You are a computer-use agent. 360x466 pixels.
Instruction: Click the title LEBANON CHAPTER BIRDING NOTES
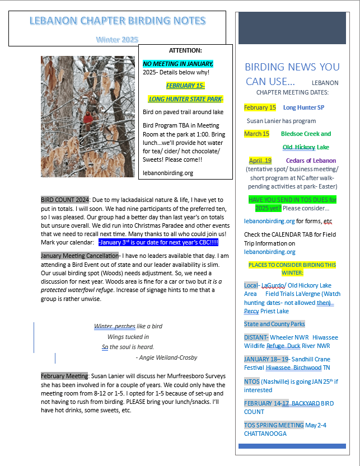[x=117, y=22]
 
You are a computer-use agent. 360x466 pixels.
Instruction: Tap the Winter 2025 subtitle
[x=116, y=40]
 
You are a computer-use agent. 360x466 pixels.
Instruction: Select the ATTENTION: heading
[x=185, y=50]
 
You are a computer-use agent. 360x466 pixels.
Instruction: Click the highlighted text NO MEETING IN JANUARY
[x=178, y=64]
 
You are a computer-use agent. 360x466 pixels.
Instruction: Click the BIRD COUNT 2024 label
[x=64, y=199]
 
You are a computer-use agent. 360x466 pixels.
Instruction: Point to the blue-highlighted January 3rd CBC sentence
[x=158, y=242]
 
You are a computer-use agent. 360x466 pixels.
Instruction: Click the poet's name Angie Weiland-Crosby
[x=166, y=357]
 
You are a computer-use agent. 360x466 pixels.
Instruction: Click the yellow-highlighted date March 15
[x=256, y=134]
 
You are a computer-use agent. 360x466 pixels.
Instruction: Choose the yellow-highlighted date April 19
[x=260, y=161]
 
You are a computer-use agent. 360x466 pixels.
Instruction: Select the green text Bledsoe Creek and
[x=306, y=134]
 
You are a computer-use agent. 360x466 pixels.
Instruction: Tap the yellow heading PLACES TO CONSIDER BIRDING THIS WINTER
[x=292, y=269]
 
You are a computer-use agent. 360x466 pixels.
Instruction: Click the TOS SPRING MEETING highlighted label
[x=274, y=425]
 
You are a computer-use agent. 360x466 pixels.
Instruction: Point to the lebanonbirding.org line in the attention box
[x=168, y=173]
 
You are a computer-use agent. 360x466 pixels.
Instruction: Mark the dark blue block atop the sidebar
[x=292, y=27]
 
